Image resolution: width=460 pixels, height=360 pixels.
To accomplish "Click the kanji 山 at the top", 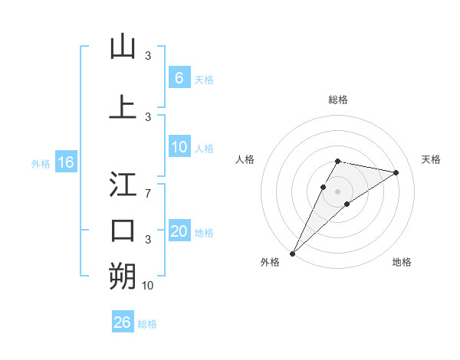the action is [123, 47].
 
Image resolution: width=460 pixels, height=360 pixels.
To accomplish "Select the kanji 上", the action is [123, 106].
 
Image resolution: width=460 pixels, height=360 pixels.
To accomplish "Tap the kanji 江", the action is [123, 185].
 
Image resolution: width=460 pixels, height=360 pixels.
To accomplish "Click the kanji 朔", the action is [123, 277].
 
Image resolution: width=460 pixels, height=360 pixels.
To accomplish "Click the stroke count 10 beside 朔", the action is [148, 286].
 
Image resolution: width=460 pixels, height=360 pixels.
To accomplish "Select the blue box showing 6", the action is [179, 78].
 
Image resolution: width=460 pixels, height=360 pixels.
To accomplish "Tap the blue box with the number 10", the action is [179, 148].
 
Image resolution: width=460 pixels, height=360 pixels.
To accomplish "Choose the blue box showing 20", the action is [179, 231].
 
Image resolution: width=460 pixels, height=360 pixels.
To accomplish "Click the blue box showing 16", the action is [65, 162].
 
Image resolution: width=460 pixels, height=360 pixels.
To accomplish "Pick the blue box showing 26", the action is [122, 322].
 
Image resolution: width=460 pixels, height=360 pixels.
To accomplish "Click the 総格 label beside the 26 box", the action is [147, 324].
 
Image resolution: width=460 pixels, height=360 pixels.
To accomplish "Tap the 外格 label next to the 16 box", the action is [41, 163].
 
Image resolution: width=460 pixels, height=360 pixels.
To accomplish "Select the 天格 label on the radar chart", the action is [432, 159].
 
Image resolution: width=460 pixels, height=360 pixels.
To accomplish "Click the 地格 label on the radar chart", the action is [402, 262].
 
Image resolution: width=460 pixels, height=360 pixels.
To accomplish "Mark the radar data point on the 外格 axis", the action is [292, 253].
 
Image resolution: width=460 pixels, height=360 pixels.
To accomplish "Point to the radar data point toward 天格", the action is [396, 172].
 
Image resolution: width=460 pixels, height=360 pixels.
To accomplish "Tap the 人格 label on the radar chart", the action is [245, 159].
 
